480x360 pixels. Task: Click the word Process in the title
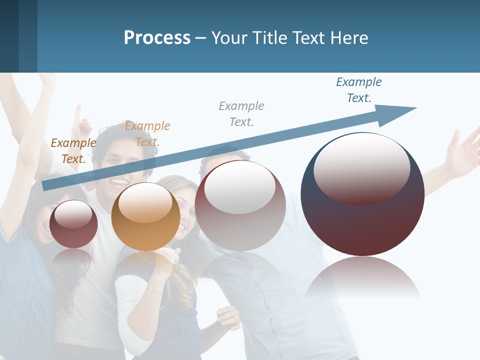coord(157,38)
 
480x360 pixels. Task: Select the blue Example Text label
coord(359,90)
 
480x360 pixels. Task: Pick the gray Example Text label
coord(241,113)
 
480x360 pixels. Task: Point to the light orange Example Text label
coord(147,134)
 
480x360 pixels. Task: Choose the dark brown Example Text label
coord(73,151)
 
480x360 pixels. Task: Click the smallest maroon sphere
coord(73,224)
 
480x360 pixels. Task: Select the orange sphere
coord(145,216)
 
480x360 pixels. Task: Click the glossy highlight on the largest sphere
coord(362,167)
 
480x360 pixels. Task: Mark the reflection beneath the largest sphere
coord(362,277)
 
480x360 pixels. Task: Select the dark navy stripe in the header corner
coord(9,36)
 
